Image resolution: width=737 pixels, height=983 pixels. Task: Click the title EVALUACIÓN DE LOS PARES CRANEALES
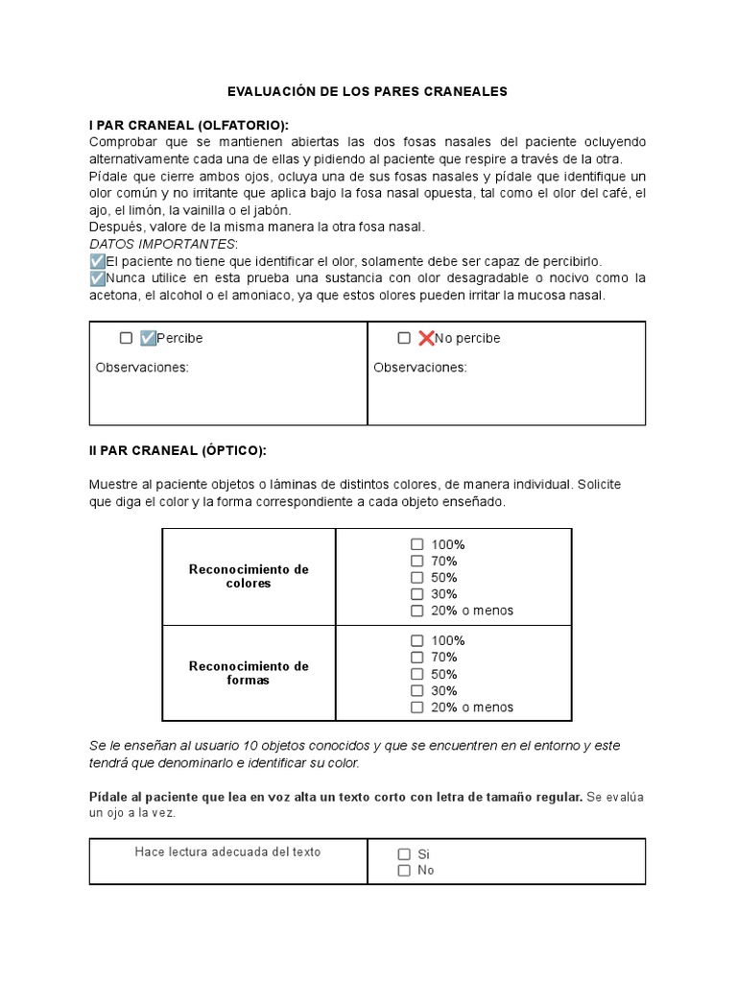pyautogui.click(x=368, y=91)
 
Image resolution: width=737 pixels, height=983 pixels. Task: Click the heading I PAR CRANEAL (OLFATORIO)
pyautogui.click(x=188, y=126)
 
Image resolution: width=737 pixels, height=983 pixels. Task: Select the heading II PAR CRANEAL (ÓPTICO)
pyautogui.click(x=178, y=450)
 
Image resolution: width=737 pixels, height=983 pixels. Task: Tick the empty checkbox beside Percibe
pyautogui.click(x=126, y=338)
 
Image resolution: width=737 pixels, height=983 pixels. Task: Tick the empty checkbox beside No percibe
pyautogui.click(x=404, y=338)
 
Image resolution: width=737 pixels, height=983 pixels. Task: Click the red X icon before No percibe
pyautogui.click(x=426, y=338)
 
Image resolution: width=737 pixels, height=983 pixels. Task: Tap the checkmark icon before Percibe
pyautogui.click(x=148, y=338)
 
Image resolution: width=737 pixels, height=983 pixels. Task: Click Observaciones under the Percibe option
pyautogui.click(x=142, y=367)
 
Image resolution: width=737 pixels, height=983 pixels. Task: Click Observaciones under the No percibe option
pyautogui.click(x=420, y=367)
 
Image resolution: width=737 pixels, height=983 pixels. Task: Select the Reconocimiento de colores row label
pyautogui.click(x=249, y=576)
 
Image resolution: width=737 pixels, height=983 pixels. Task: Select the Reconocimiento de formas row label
pyautogui.click(x=249, y=673)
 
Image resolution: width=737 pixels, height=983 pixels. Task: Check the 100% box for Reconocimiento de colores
pyautogui.click(x=416, y=544)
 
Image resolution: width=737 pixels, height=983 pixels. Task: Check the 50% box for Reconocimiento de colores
pyautogui.click(x=416, y=578)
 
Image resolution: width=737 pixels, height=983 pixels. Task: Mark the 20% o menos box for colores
pyautogui.click(x=416, y=611)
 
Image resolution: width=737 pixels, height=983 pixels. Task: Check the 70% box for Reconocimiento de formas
pyautogui.click(x=416, y=658)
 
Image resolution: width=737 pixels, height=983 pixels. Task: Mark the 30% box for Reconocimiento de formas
pyautogui.click(x=416, y=690)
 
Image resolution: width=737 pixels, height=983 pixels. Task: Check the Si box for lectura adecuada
pyautogui.click(x=404, y=853)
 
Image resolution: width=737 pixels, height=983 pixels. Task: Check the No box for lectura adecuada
pyautogui.click(x=404, y=871)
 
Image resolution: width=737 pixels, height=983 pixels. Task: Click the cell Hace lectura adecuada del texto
pyautogui.click(x=227, y=851)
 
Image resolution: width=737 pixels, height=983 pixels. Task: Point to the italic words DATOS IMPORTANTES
pyautogui.click(x=161, y=244)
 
